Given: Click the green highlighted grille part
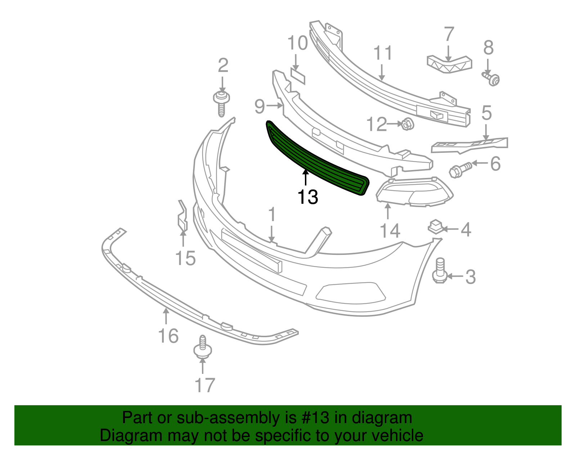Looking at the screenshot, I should pos(317,160).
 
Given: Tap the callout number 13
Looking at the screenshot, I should pos(308,197).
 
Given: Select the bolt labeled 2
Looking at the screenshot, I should pos(221,104).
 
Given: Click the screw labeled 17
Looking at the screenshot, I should pos(202,348).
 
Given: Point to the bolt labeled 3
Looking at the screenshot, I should pos(440,272).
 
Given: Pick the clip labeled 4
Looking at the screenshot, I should pos(435,227).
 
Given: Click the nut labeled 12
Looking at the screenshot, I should pos(407,125).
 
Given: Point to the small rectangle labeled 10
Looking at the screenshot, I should pos(297,77).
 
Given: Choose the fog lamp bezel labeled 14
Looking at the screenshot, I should pos(414,193).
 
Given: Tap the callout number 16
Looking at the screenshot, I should pos(168,336).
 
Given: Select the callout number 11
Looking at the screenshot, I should pos(383,53).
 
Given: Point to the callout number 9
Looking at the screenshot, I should pos(259,106).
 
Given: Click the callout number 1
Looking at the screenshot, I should pos(272,215).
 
